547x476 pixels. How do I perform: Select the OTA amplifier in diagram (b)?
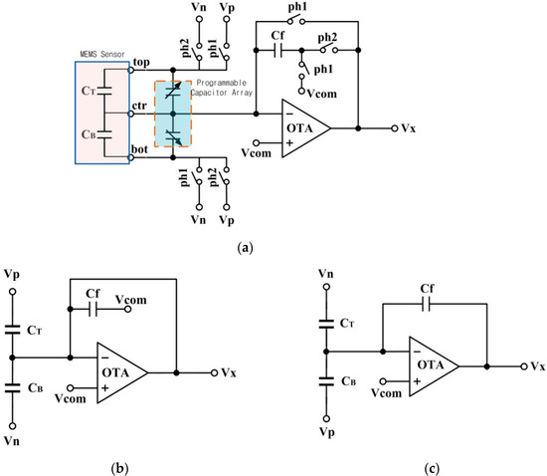(x=118, y=372)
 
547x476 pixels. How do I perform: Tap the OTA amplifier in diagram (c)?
(x=430, y=366)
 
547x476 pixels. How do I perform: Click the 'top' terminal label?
(x=141, y=62)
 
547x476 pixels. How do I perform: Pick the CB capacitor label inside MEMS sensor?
(x=89, y=131)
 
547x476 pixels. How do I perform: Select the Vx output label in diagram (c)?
(x=537, y=366)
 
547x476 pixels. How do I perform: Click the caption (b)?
(x=117, y=464)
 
